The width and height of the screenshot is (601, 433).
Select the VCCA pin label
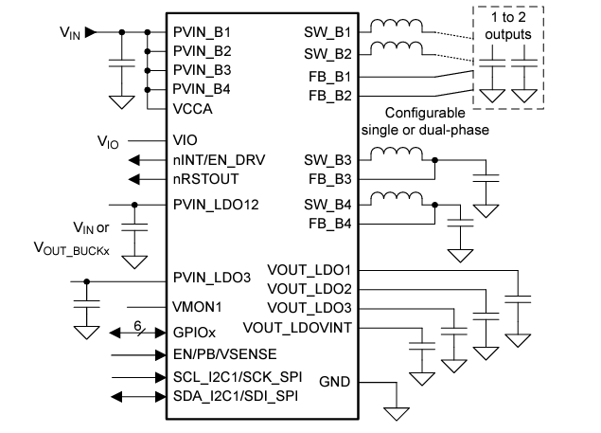pos(193,108)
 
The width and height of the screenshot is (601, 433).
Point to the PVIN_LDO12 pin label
pos(217,203)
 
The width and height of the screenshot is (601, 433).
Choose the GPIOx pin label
pos(195,334)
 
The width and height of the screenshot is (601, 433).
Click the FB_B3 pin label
pos(328,177)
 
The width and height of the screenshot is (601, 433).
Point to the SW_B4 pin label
pos(327,203)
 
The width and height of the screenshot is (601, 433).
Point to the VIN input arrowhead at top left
pos(90,32)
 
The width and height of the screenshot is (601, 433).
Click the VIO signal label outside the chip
pos(108,142)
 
